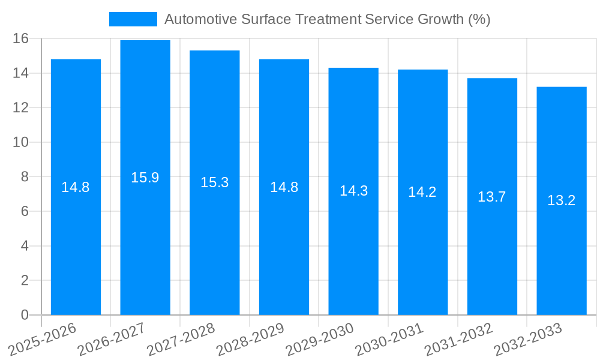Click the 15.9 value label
[x=145, y=178]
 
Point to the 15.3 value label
[x=215, y=182]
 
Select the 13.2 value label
[x=562, y=200]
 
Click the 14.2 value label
[x=422, y=192]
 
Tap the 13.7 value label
[x=492, y=196]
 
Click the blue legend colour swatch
[x=133, y=19]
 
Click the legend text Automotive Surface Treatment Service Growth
[x=327, y=19]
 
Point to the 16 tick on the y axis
[x=21, y=38]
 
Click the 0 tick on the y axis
[x=25, y=315]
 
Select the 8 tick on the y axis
[x=25, y=177]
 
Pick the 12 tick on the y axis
[x=21, y=108]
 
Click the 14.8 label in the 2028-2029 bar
[x=284, y=187]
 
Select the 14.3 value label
[x=353, y=191]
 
